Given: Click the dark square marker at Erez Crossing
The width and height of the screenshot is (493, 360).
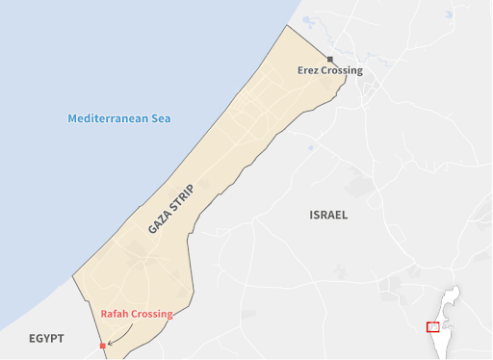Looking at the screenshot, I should click(329, 59).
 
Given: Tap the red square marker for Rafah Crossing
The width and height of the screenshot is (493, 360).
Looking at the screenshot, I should click(102, 345).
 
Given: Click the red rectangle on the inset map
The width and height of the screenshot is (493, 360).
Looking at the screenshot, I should click(433, 326).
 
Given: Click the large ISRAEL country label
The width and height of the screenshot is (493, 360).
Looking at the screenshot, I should click(328, 215).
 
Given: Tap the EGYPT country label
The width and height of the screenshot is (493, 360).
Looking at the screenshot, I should click(46, 339).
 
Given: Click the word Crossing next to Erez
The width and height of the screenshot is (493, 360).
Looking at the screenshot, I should click(344, 70).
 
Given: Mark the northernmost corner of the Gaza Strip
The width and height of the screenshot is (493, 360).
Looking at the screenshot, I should click(287, 25).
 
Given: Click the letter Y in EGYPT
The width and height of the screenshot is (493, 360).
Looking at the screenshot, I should click(50, 339).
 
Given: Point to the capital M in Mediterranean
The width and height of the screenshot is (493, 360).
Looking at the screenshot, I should click(72, 118).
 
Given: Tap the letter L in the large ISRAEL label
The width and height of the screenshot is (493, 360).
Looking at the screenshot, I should click(344, 215).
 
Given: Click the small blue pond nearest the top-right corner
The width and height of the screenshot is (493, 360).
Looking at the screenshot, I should click(450, 15).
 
